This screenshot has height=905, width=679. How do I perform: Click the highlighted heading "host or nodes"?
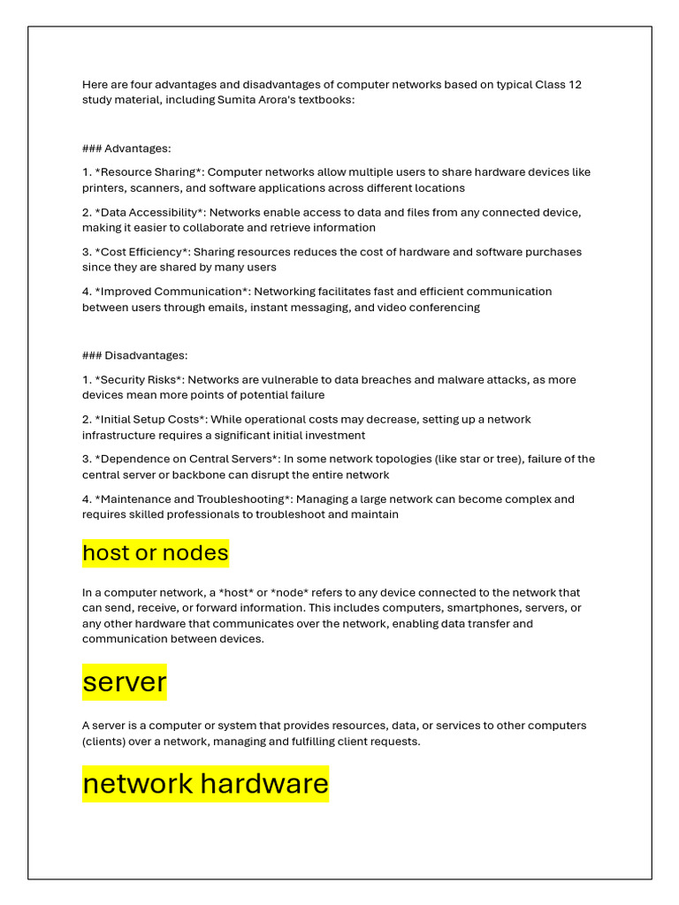156,553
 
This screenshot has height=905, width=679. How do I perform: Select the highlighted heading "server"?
125,681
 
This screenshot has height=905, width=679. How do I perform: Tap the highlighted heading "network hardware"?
205,783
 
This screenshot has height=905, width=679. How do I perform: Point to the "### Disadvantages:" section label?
134,355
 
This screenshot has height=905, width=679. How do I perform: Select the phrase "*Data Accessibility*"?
150,212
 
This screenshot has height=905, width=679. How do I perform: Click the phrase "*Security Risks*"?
138,380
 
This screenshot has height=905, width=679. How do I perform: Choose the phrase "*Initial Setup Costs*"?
151,420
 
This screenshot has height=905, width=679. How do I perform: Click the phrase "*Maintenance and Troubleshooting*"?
190,499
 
